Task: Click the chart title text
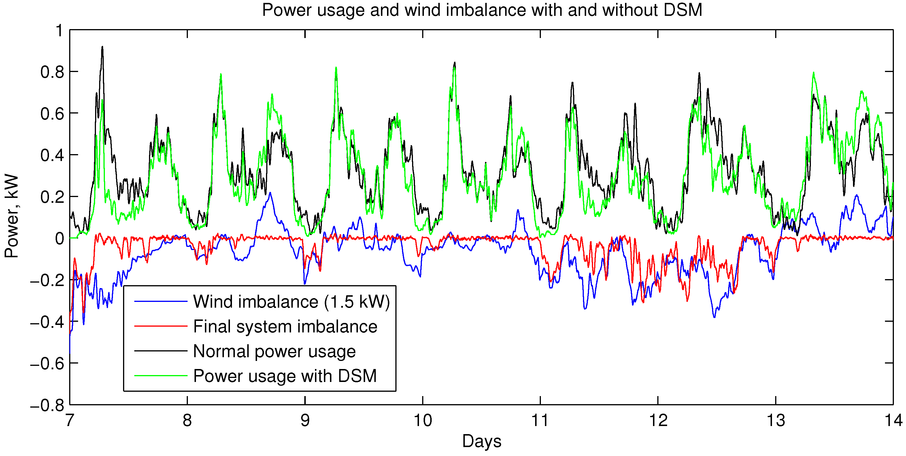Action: (482, 10)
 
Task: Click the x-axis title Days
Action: (482, 441)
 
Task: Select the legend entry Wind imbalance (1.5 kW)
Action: (291, 302)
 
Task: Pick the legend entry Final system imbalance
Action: (285, 326)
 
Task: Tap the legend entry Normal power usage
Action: (274, 351)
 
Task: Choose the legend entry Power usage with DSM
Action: (285, 376)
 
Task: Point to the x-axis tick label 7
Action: (70, 421)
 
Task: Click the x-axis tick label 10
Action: (422, 421)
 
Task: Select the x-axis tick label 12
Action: (658, 421)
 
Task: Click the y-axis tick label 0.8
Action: (52, 72)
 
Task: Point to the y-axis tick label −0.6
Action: (47, 364)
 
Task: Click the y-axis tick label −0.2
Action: (47, 281)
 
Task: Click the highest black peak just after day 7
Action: (102, 47)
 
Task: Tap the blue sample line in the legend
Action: (161, 302)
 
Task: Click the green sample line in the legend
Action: (161, 376)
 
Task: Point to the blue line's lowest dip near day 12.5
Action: (714, 317)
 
